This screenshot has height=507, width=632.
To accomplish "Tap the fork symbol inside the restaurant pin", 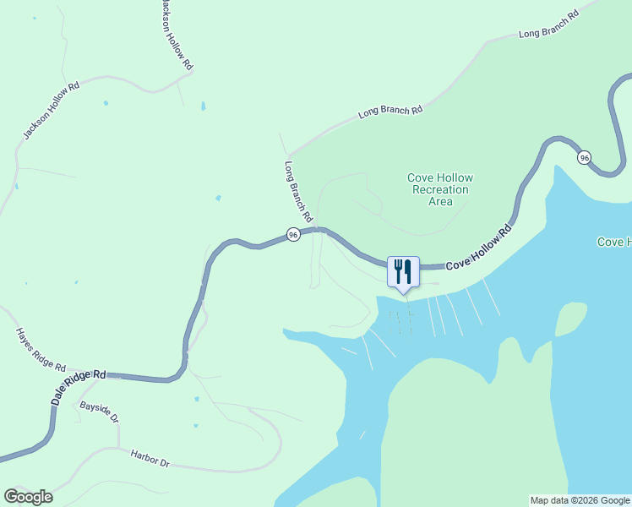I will [x=398, y=270].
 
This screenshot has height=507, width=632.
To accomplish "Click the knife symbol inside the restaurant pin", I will [x=407, y=270].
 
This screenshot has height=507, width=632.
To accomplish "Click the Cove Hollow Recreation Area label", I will [x=440, y=189].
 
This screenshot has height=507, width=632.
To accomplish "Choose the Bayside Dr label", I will [x=100, y=413].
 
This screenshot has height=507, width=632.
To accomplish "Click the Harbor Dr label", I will [x=150, y=460].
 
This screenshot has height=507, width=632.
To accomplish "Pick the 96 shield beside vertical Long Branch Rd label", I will [x=292, y=234].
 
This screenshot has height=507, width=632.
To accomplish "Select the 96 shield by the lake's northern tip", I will [x=584, y=157].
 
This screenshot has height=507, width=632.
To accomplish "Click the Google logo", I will [x=29, y=497].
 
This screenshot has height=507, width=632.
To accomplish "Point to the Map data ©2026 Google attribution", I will [x=580, y=500].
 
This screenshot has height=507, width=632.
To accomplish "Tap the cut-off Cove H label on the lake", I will [x=614, y=243].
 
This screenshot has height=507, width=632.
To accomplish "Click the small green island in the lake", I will [x=571, y=319].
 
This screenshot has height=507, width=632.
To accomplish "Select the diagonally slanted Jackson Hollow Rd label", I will [x=50, y=111].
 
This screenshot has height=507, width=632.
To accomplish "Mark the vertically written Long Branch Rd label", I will [x=299, y=192].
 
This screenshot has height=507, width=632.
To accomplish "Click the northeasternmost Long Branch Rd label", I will [x=549, y=25].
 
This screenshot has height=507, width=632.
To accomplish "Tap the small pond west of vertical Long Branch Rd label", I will [x=218, y=199].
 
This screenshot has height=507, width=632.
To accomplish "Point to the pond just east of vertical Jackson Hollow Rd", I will [x=203, y=106].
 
